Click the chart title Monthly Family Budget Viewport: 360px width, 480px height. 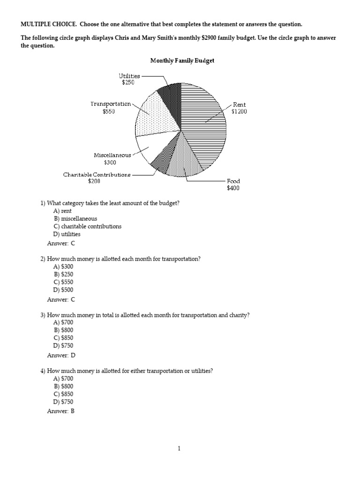point(182,60)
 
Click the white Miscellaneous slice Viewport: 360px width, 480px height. point(148,146)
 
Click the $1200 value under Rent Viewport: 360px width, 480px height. point(239,112)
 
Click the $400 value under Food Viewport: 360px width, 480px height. point(233,188)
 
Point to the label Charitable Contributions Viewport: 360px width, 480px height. point(97,174)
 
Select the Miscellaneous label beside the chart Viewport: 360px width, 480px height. point(112,155)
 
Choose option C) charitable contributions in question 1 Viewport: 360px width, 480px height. point(87,226)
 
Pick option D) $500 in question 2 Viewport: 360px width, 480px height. point(63,290)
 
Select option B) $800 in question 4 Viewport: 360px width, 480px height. point(63,386)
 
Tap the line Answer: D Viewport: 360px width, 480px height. point(61,355)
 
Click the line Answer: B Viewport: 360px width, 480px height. point(61,411)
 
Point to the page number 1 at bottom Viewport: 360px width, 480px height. point(180,449)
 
